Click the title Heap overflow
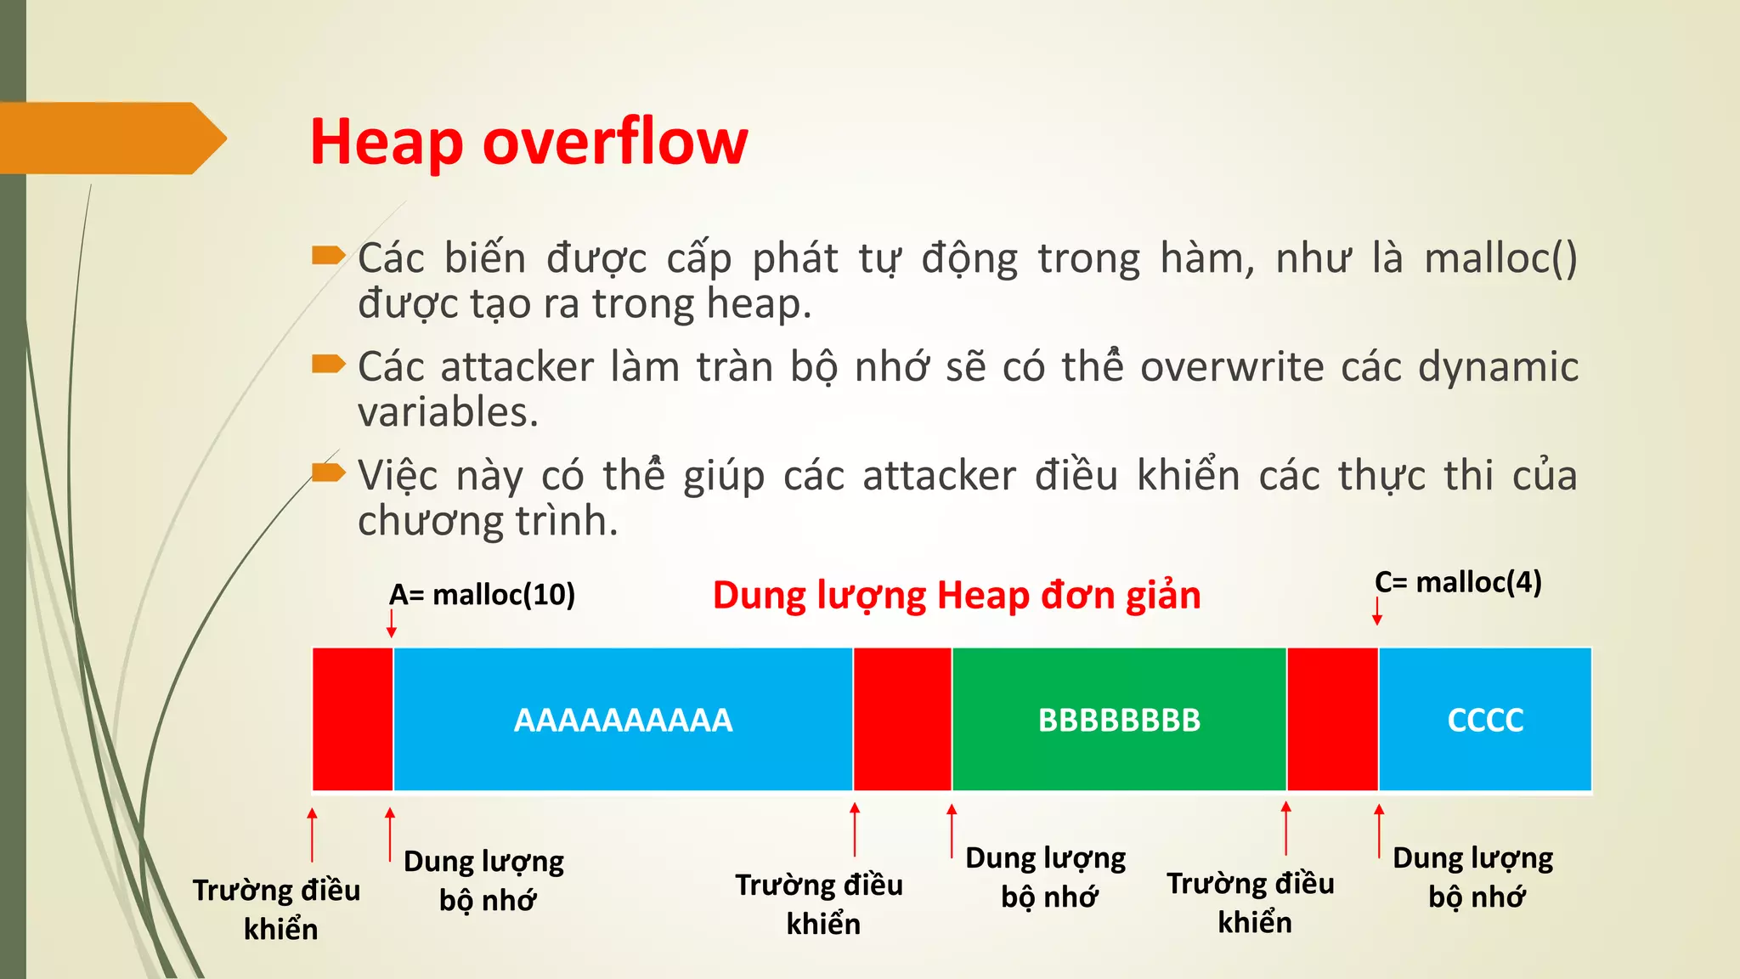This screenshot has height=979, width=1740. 528,142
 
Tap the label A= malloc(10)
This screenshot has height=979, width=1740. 482,595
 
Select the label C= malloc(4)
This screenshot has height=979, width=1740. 1458,582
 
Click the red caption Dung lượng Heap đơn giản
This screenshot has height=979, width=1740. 957,596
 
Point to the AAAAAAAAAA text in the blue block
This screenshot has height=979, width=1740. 623,721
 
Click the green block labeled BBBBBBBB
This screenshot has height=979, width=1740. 1119,721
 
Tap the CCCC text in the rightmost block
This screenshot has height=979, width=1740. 1485,721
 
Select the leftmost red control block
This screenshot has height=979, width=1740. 353,719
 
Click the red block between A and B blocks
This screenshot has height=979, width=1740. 902,719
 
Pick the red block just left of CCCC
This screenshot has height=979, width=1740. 1332,719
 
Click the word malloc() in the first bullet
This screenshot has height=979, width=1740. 1500,258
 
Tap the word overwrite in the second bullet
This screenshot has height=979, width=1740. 1231,367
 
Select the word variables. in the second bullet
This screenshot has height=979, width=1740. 448,413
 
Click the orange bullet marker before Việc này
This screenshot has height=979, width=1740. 328,472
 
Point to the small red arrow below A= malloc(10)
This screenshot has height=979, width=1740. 392,624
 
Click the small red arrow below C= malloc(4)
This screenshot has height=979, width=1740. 1377,611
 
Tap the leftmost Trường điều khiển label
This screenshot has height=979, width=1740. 278,909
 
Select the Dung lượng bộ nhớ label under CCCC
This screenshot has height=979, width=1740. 1473,877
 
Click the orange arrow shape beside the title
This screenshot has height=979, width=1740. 110,139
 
